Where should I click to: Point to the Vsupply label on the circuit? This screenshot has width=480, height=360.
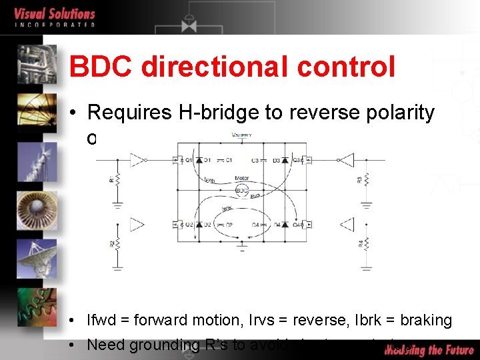coord(241,135)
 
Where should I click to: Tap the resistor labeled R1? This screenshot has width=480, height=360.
coord(117,179)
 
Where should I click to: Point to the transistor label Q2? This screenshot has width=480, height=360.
coord(189,225)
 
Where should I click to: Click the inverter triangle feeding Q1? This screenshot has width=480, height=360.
coord(139,160)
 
